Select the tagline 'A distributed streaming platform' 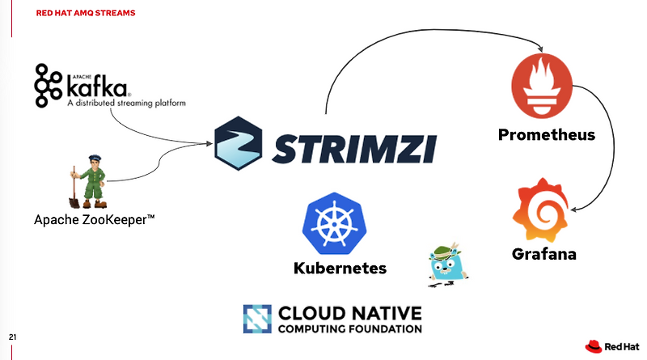pos(126,104)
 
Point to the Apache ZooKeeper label pos(95,219)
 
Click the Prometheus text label pos(547,134)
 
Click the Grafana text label pos(544,254)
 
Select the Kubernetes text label pos(340,268)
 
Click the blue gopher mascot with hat pos(446,264)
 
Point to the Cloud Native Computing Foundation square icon pos(257,319)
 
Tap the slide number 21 pos(12,337)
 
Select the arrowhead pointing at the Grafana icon pos(574,209)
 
